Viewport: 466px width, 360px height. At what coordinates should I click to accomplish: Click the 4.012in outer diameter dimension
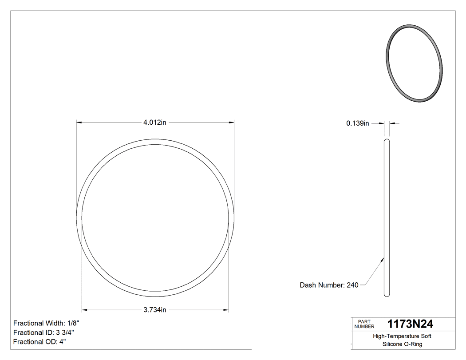(154, 123)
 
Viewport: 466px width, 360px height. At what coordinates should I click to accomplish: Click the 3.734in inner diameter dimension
(154, 310)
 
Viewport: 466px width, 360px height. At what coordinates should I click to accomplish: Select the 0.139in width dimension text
(358, 123)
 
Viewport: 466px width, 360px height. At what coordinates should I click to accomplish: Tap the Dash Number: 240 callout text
(329, 285)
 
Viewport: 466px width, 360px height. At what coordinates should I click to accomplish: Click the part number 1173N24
(411, 324)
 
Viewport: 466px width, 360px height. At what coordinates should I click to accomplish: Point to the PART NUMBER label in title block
(364, 324)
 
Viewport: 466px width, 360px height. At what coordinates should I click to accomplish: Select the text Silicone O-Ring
(402, 344)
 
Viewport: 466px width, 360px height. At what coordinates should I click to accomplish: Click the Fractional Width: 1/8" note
(47, 323)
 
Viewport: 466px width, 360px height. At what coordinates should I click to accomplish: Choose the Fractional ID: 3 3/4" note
(43, 332)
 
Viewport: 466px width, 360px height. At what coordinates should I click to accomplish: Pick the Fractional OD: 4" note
(39, 342)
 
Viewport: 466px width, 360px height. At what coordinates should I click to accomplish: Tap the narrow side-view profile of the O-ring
(387, 218)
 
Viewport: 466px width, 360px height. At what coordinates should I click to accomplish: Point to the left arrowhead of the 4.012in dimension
(79, 123)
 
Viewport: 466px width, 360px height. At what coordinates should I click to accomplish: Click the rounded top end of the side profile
(387, 141)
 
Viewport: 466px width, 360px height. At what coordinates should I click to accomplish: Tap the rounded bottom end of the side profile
(387, 294)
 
